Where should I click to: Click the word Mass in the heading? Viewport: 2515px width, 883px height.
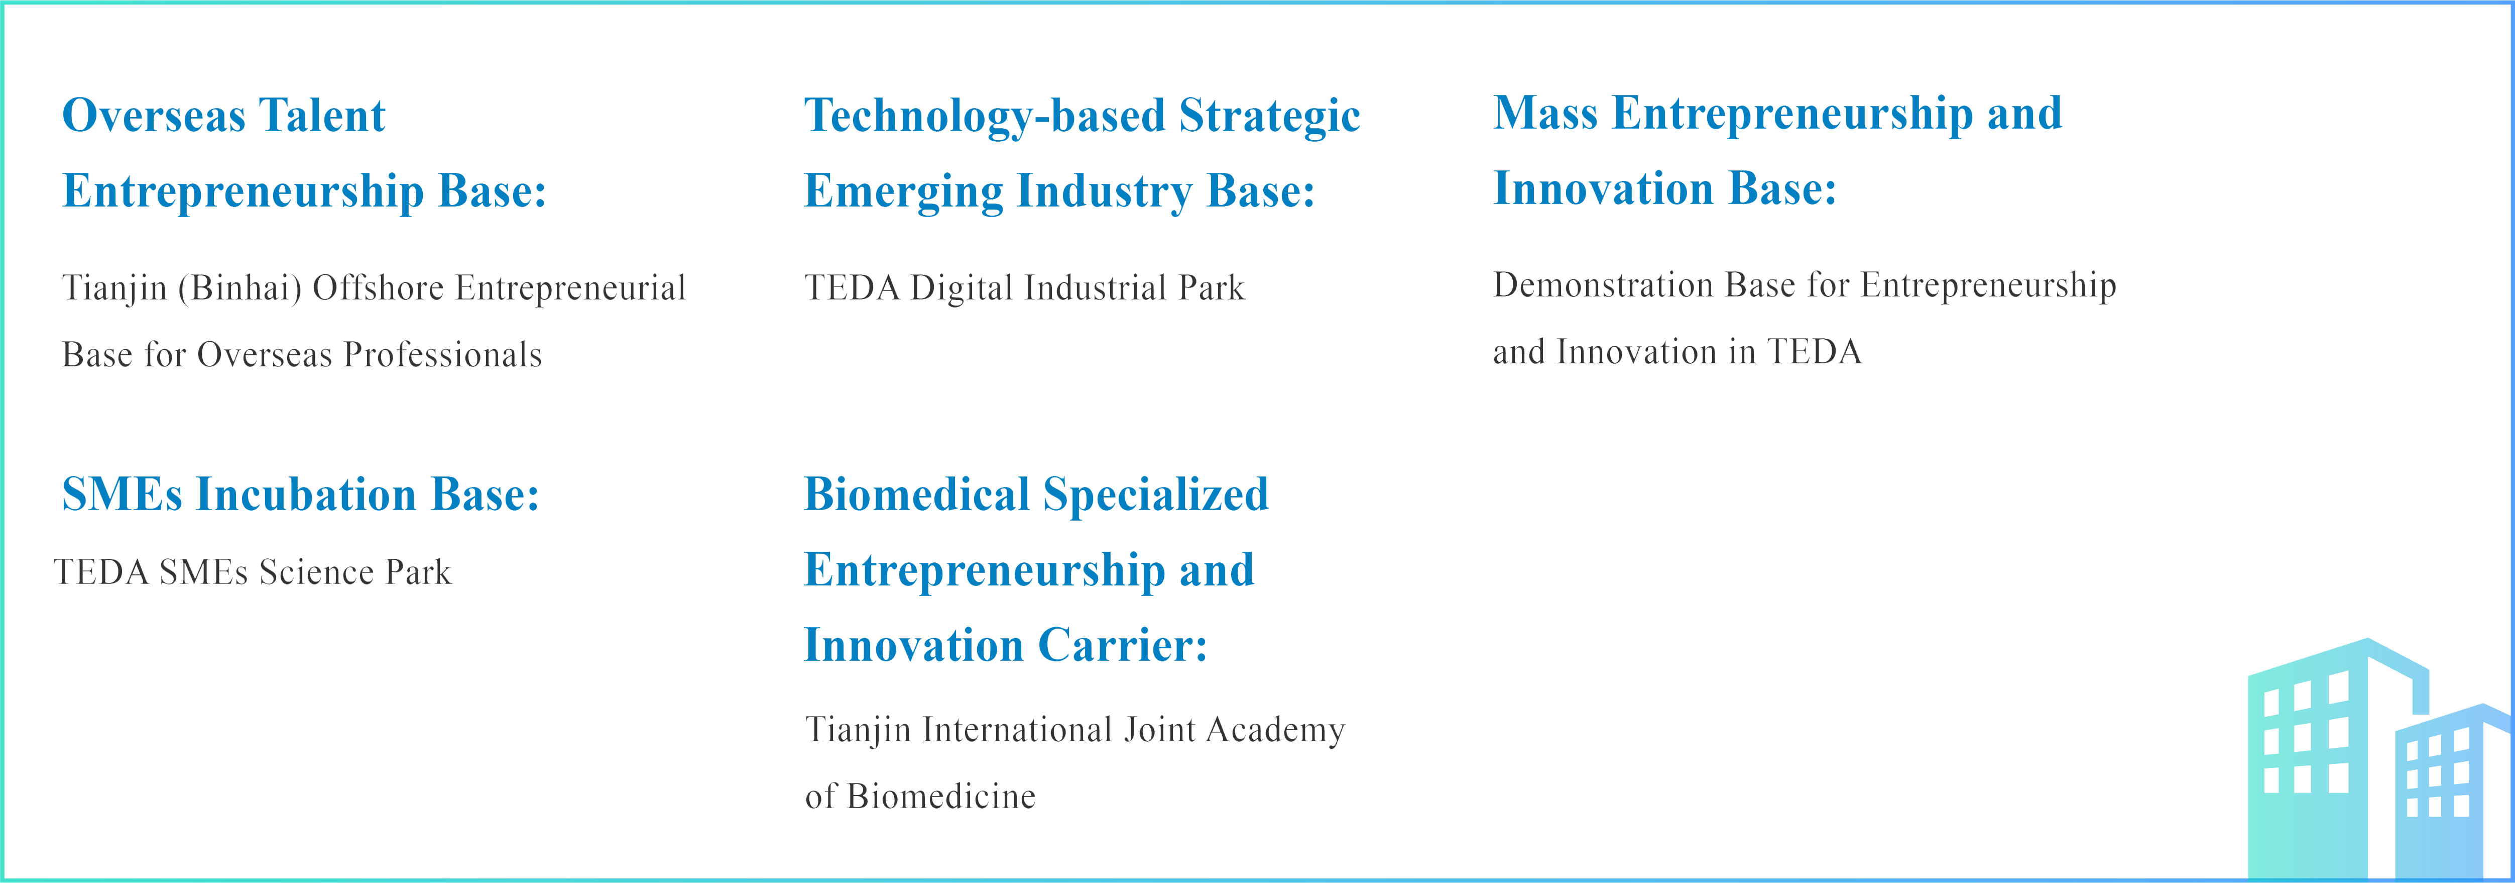pos(1545,113)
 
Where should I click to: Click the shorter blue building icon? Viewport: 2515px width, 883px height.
pos(2451,791)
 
